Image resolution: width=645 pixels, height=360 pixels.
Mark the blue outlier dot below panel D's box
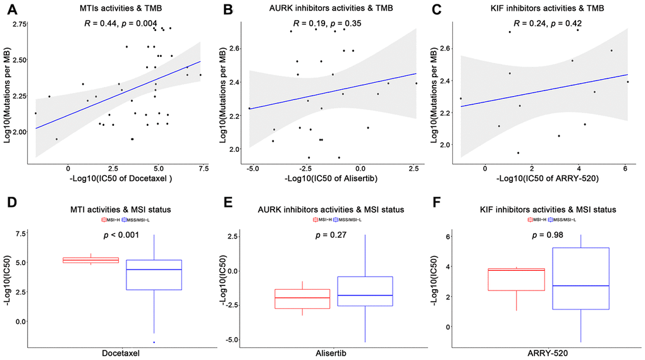tap(154, 342)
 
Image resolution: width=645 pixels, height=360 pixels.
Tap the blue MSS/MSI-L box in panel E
tap(365, 291)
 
